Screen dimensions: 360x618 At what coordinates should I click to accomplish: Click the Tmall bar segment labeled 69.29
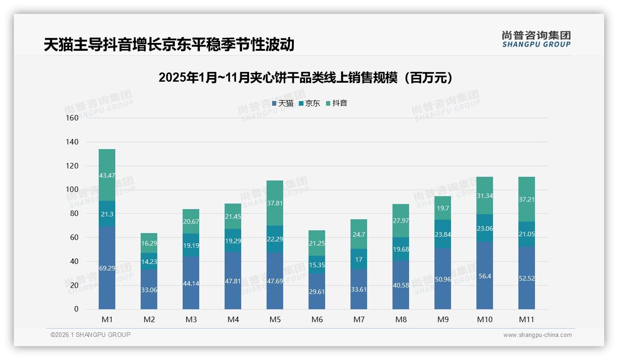[107, 268]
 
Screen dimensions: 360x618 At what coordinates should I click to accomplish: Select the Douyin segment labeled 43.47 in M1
[107, 175]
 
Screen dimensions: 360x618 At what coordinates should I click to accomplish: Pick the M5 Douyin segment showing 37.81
[275, 203]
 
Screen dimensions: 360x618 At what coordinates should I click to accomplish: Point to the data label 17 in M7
[359, 259]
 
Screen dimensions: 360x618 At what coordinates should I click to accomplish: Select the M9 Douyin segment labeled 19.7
[443, 208]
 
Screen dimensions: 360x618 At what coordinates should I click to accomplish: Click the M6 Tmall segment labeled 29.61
[317, 291]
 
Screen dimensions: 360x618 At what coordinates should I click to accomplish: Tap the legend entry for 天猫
[283, 103]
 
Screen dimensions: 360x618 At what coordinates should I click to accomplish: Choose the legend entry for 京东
[309, 103]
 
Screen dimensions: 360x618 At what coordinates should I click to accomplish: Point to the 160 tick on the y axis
[72, 118]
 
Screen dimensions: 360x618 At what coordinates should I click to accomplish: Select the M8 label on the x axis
[401, 319]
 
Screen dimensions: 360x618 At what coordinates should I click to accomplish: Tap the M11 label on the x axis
[527, 319]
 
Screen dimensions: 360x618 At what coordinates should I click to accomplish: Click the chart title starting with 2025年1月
[309, 78]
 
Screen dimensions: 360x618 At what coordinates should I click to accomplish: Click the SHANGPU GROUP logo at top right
[536, 39]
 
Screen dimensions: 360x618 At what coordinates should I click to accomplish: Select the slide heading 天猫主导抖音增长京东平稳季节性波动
[169, 45]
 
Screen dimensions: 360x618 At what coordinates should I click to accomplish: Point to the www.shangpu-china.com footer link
[537, 335]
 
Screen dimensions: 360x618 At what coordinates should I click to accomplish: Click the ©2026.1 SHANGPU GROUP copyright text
[90, 335]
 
